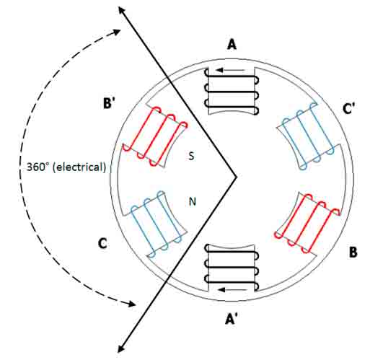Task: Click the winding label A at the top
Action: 232,45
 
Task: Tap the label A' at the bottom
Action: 232,319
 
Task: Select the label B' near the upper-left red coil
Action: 109,103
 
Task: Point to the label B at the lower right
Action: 353,253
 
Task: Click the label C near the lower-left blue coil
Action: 102,243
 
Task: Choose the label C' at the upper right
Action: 348,108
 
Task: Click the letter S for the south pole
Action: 191,156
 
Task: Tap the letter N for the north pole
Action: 193,201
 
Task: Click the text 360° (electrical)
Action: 66,167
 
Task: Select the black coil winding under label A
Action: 232,92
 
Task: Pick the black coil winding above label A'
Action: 232,267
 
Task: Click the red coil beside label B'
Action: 155,136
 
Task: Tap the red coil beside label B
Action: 307,224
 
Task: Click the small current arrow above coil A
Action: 230,70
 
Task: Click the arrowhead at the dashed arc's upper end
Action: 117,32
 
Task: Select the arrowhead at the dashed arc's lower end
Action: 132,304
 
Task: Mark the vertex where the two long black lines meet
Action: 236,177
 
